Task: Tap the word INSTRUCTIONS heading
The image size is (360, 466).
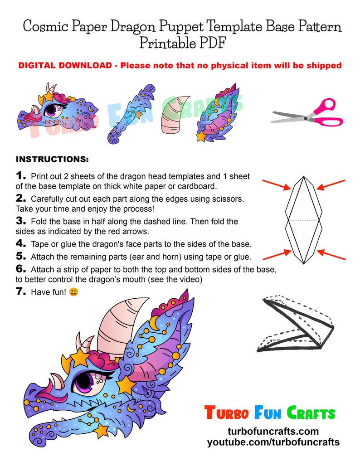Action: (x=52, y=160)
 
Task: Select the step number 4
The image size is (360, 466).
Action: (x=21, y=243)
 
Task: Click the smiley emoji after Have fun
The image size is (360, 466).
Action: (x=73, y=292)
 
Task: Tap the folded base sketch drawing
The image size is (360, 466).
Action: (x=297, y=325)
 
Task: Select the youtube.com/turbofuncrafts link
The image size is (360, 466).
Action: (x=273, y=442)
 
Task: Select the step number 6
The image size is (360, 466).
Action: (x=21, y=269)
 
